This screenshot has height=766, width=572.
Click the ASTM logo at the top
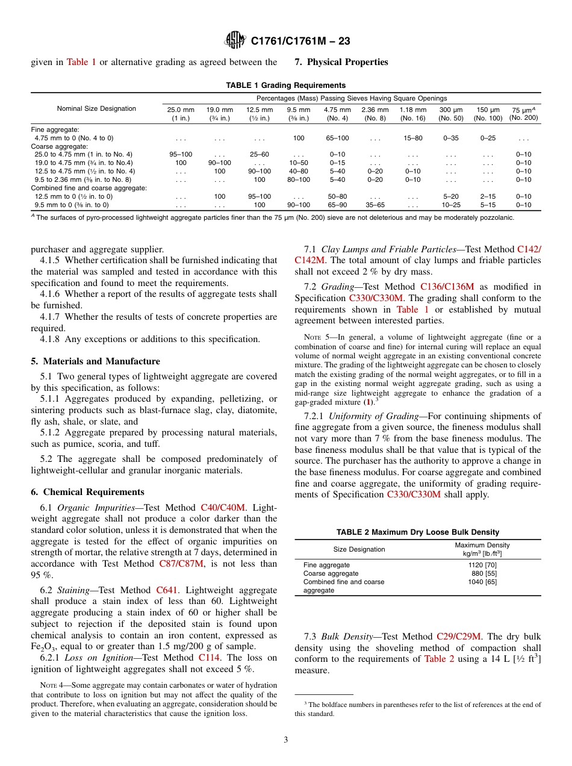[235, 40]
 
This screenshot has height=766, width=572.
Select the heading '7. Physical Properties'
[341, 62]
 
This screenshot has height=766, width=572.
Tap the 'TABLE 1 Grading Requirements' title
[285, 85]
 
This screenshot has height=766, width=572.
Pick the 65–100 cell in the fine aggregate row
[337, 138]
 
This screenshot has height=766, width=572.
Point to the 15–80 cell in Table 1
[412, 138]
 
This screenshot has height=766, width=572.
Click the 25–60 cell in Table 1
[260, 154]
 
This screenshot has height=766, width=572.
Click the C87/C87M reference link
[181, 564]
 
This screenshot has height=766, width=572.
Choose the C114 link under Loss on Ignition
[210, 658]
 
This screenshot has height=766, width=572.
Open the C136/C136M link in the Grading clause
[447, 287]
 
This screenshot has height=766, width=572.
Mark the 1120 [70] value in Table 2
[482, 565]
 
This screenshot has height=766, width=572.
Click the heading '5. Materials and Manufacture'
[95, 361]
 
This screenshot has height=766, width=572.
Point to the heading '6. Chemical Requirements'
[87, 492]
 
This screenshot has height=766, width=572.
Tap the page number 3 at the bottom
[286, 740]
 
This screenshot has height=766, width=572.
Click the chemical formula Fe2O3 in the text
[42, 647]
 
